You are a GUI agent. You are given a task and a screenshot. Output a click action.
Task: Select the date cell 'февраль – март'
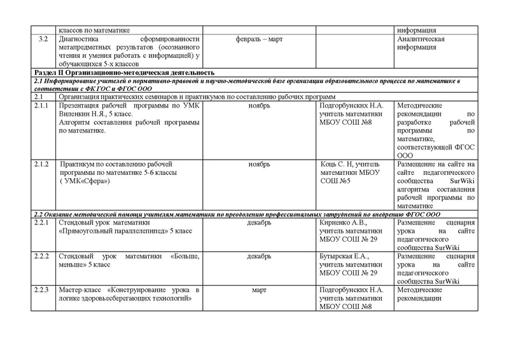(259, 40)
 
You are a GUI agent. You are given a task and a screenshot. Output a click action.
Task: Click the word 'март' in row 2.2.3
(259, 289)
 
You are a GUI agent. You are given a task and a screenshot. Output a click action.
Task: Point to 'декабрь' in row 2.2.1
(259, 223)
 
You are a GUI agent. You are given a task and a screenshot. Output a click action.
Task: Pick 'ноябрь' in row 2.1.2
(259, 163)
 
